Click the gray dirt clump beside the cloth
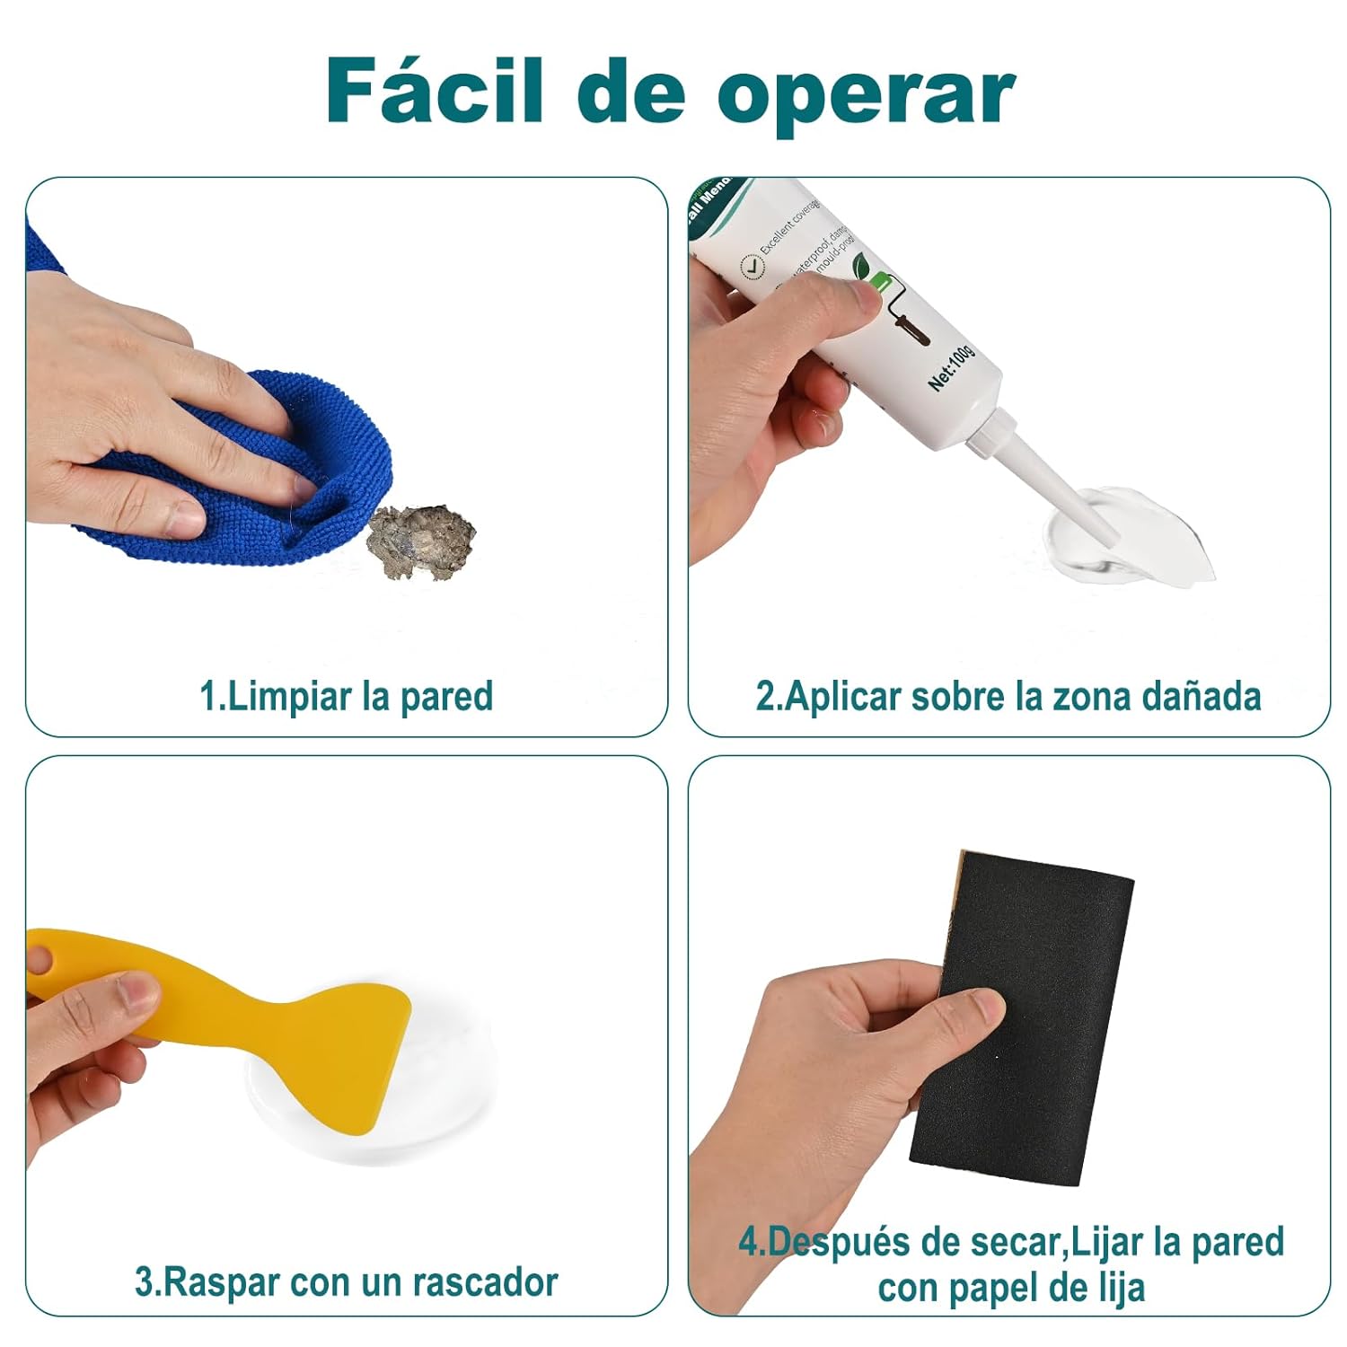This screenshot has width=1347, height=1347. click(x=422, y=541)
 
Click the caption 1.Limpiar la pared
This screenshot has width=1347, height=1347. click(x=346, y=697)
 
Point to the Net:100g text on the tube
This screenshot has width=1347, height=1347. click(x=952, y=365)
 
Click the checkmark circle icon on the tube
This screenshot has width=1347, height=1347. click(x=751, y=267)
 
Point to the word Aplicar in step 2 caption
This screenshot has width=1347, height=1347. click(x=842, y=697)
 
